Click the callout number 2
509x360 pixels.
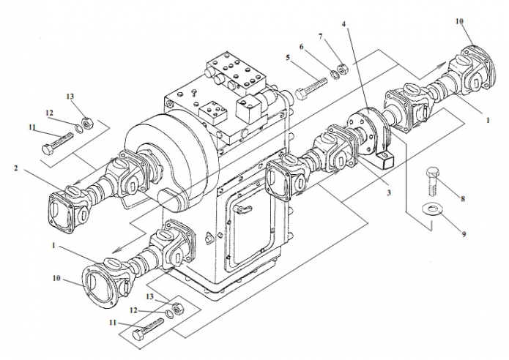point(16,168)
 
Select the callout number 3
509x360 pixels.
point(389,192)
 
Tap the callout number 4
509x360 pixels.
point(343,24)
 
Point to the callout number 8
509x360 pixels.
point(463,199)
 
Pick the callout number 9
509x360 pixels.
point(464,233)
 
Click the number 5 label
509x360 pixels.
point(288,57)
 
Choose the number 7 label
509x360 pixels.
point(321,37)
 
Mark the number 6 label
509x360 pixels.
point(302,47)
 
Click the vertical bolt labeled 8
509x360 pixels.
point(432,181)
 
